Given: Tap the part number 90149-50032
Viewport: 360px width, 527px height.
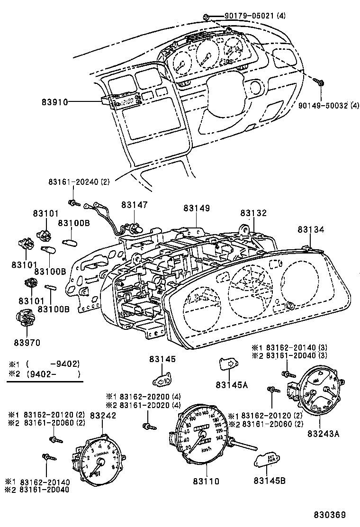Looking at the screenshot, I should coord(322,106).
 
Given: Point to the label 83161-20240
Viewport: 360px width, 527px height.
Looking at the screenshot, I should coord(72,182).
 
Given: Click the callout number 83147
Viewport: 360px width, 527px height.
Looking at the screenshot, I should coord(134,205).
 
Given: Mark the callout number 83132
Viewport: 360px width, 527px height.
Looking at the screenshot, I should coord(253,214).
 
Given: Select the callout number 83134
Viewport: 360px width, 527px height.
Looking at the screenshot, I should coord(311,229).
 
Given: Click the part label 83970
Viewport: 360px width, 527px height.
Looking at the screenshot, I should coord(27,342).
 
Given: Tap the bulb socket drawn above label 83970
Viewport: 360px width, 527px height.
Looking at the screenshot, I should coord(23,318).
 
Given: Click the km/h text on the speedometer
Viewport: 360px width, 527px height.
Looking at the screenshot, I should coord(206,449).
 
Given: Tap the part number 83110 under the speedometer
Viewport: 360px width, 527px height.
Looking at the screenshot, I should coord(206,481).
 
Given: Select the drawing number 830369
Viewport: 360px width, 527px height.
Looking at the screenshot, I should coord(328,515).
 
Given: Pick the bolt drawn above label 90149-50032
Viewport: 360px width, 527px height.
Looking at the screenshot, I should coord(321,83).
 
